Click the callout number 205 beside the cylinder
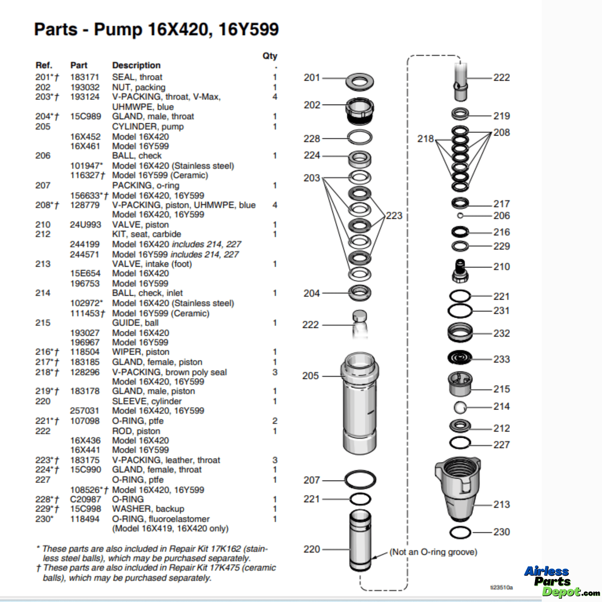310,376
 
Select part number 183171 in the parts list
84,77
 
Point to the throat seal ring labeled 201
359,82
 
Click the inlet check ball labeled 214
460,407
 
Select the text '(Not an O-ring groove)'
433,552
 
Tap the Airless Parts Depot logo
558,581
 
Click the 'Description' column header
136,66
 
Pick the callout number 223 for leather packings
394,216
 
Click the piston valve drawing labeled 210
460,271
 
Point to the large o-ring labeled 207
360,480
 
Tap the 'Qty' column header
270,56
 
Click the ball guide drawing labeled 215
460,384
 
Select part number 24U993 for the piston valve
85,225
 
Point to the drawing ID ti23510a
501,587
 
